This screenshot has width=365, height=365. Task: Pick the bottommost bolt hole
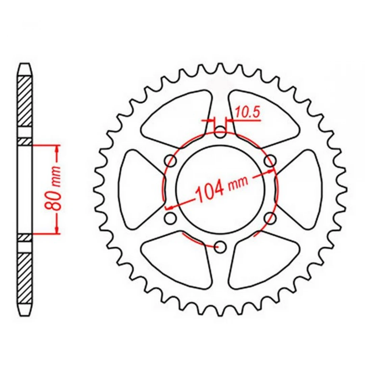(220, 247)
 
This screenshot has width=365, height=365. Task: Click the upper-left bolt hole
(171, 161)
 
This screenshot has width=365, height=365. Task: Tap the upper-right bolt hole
(270, 161)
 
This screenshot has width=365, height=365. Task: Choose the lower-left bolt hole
(171, 218)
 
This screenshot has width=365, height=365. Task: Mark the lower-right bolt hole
(270, 218)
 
